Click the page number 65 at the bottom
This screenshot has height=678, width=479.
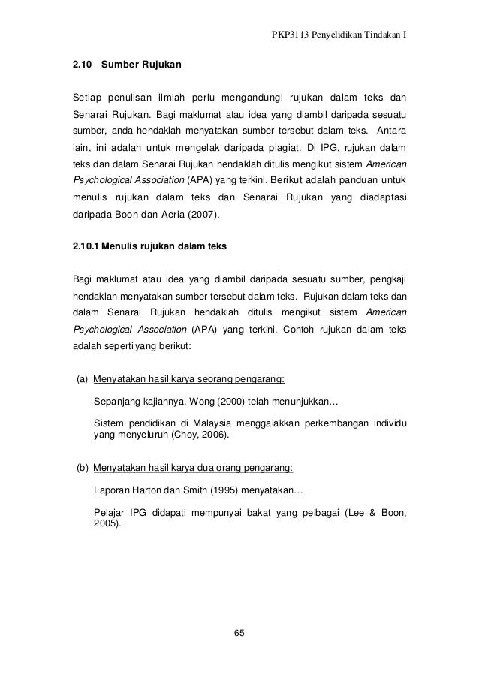tap(239, 634)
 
